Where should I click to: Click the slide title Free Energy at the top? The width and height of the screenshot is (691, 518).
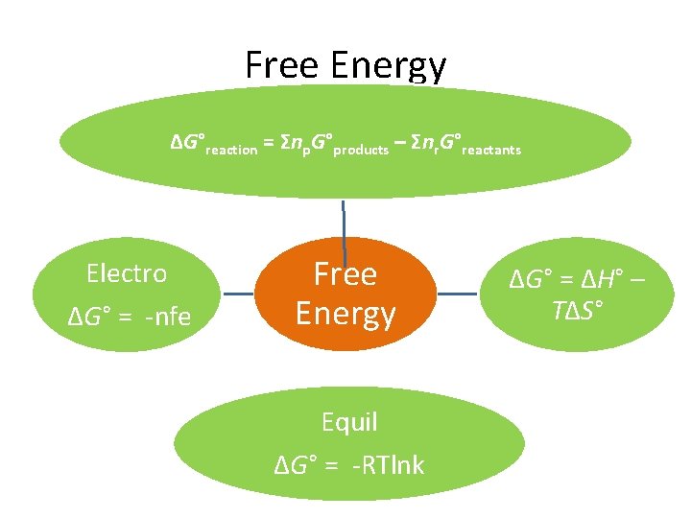pos(345,65)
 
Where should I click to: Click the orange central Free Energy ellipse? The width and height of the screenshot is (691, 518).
pos(345,294)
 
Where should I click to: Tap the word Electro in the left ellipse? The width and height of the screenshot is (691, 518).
pos(127,273)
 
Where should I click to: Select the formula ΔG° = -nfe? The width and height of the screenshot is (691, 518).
pos(131,314)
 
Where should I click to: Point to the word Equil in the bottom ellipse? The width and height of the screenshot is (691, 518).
pos(349,422)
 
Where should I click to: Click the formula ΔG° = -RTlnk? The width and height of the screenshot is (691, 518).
pos(349,466)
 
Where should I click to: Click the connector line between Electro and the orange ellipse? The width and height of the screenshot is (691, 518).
pos(248,294)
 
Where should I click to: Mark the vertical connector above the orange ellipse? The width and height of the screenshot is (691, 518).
pos(344,218)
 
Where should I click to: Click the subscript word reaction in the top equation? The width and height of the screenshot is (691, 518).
pos(231,150)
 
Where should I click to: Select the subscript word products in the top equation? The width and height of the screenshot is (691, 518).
pos(361,150)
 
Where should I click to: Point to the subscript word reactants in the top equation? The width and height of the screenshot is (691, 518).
pos(491,150)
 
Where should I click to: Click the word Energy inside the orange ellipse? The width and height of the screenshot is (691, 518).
pos(345,314)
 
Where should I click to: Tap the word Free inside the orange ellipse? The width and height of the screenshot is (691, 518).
pos(345,274)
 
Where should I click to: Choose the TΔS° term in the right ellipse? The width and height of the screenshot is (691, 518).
pos(577,310)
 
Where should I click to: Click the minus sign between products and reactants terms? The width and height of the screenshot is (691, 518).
pos(399,143)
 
